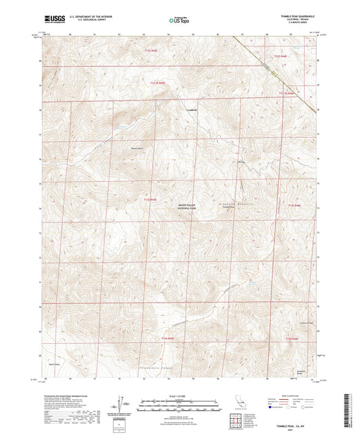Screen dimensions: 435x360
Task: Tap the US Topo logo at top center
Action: click(x=178, y=21)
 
